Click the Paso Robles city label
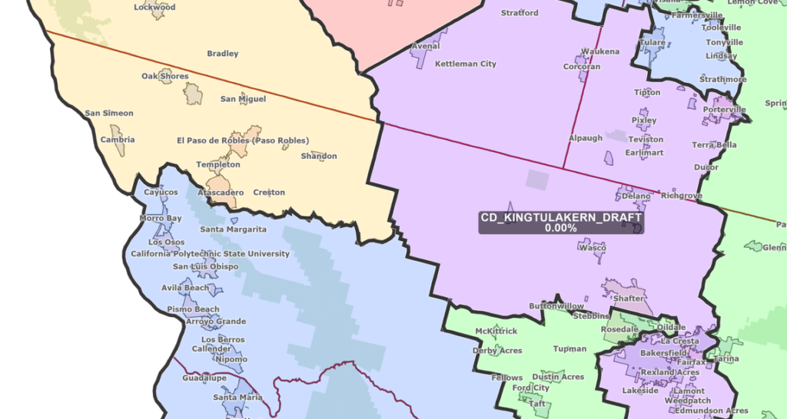point(243,140)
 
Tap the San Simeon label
point(109,114)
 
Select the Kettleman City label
point(466,64)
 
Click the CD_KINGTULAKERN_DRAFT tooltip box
point(561,223)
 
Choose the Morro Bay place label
point(161,219)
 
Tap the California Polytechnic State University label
point(210,254)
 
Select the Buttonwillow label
point(556,306)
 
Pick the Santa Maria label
point(237,398)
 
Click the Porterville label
point(724,110)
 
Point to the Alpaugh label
point(585,139)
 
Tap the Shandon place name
point(319,157)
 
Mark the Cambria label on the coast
point(118,140)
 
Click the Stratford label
point(520,13)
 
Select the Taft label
point(536,404)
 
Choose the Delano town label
point(636,196)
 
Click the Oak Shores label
point(165,77)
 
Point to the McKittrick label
point(496,332)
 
